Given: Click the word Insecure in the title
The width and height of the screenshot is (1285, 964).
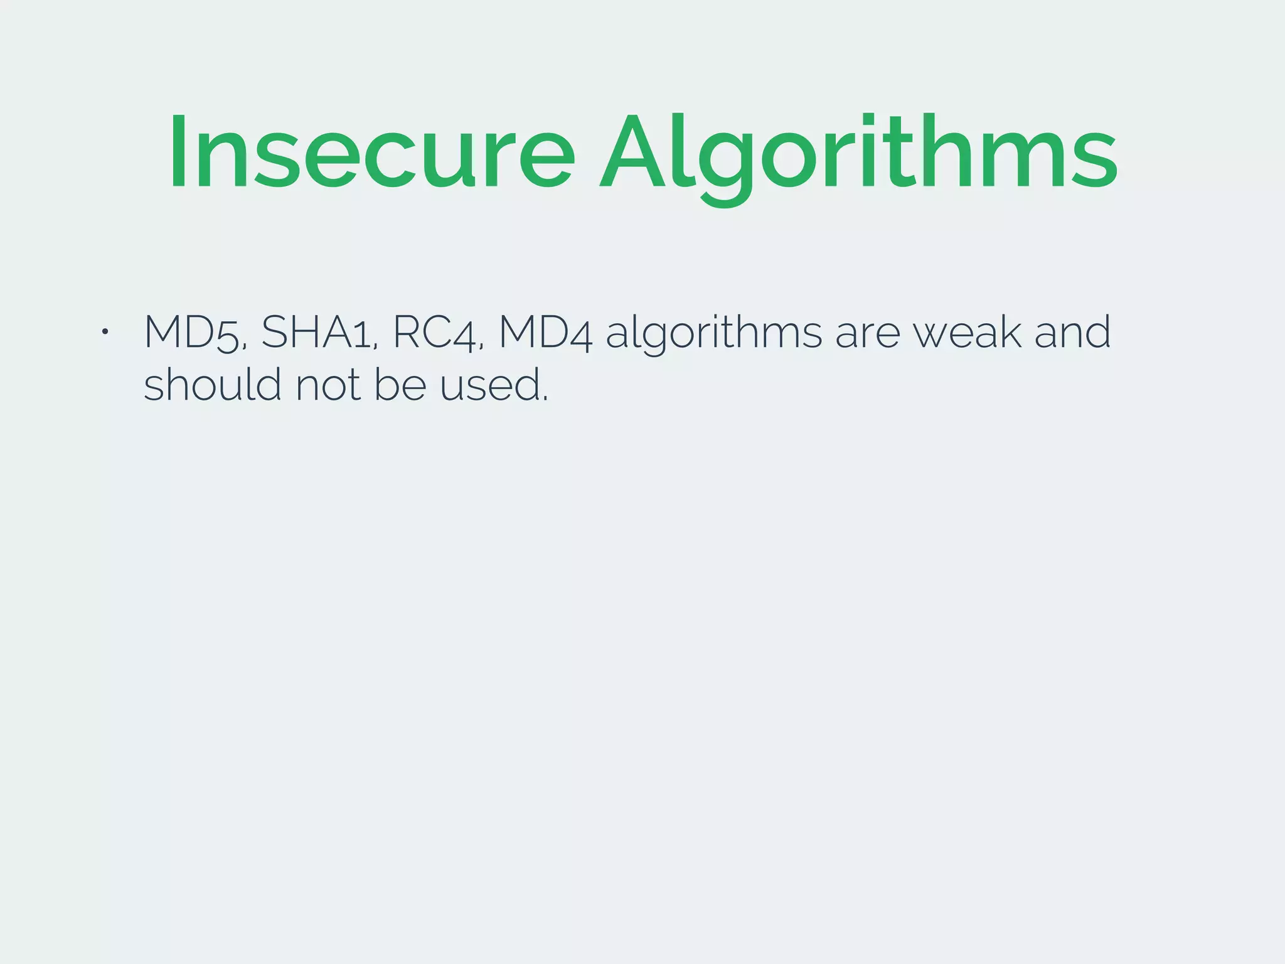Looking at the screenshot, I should click(x=371, y=152).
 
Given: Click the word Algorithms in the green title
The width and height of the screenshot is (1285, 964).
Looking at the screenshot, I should click(x=858, y=152).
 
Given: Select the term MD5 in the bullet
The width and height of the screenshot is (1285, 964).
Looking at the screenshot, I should click(x=192, y=332).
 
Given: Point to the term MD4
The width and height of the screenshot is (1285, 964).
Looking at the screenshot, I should click(x=545, y=332).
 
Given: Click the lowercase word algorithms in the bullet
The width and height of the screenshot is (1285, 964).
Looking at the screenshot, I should click(x=713, y=332).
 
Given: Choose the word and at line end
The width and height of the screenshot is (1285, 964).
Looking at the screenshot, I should click(x=1072, y=332).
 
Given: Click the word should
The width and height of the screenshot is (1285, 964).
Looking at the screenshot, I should click(x=212, y=384).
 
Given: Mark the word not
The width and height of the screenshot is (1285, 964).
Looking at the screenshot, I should click(x=327, y=385).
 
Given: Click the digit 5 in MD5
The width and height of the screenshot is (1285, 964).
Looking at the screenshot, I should click(x=228, y=335).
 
